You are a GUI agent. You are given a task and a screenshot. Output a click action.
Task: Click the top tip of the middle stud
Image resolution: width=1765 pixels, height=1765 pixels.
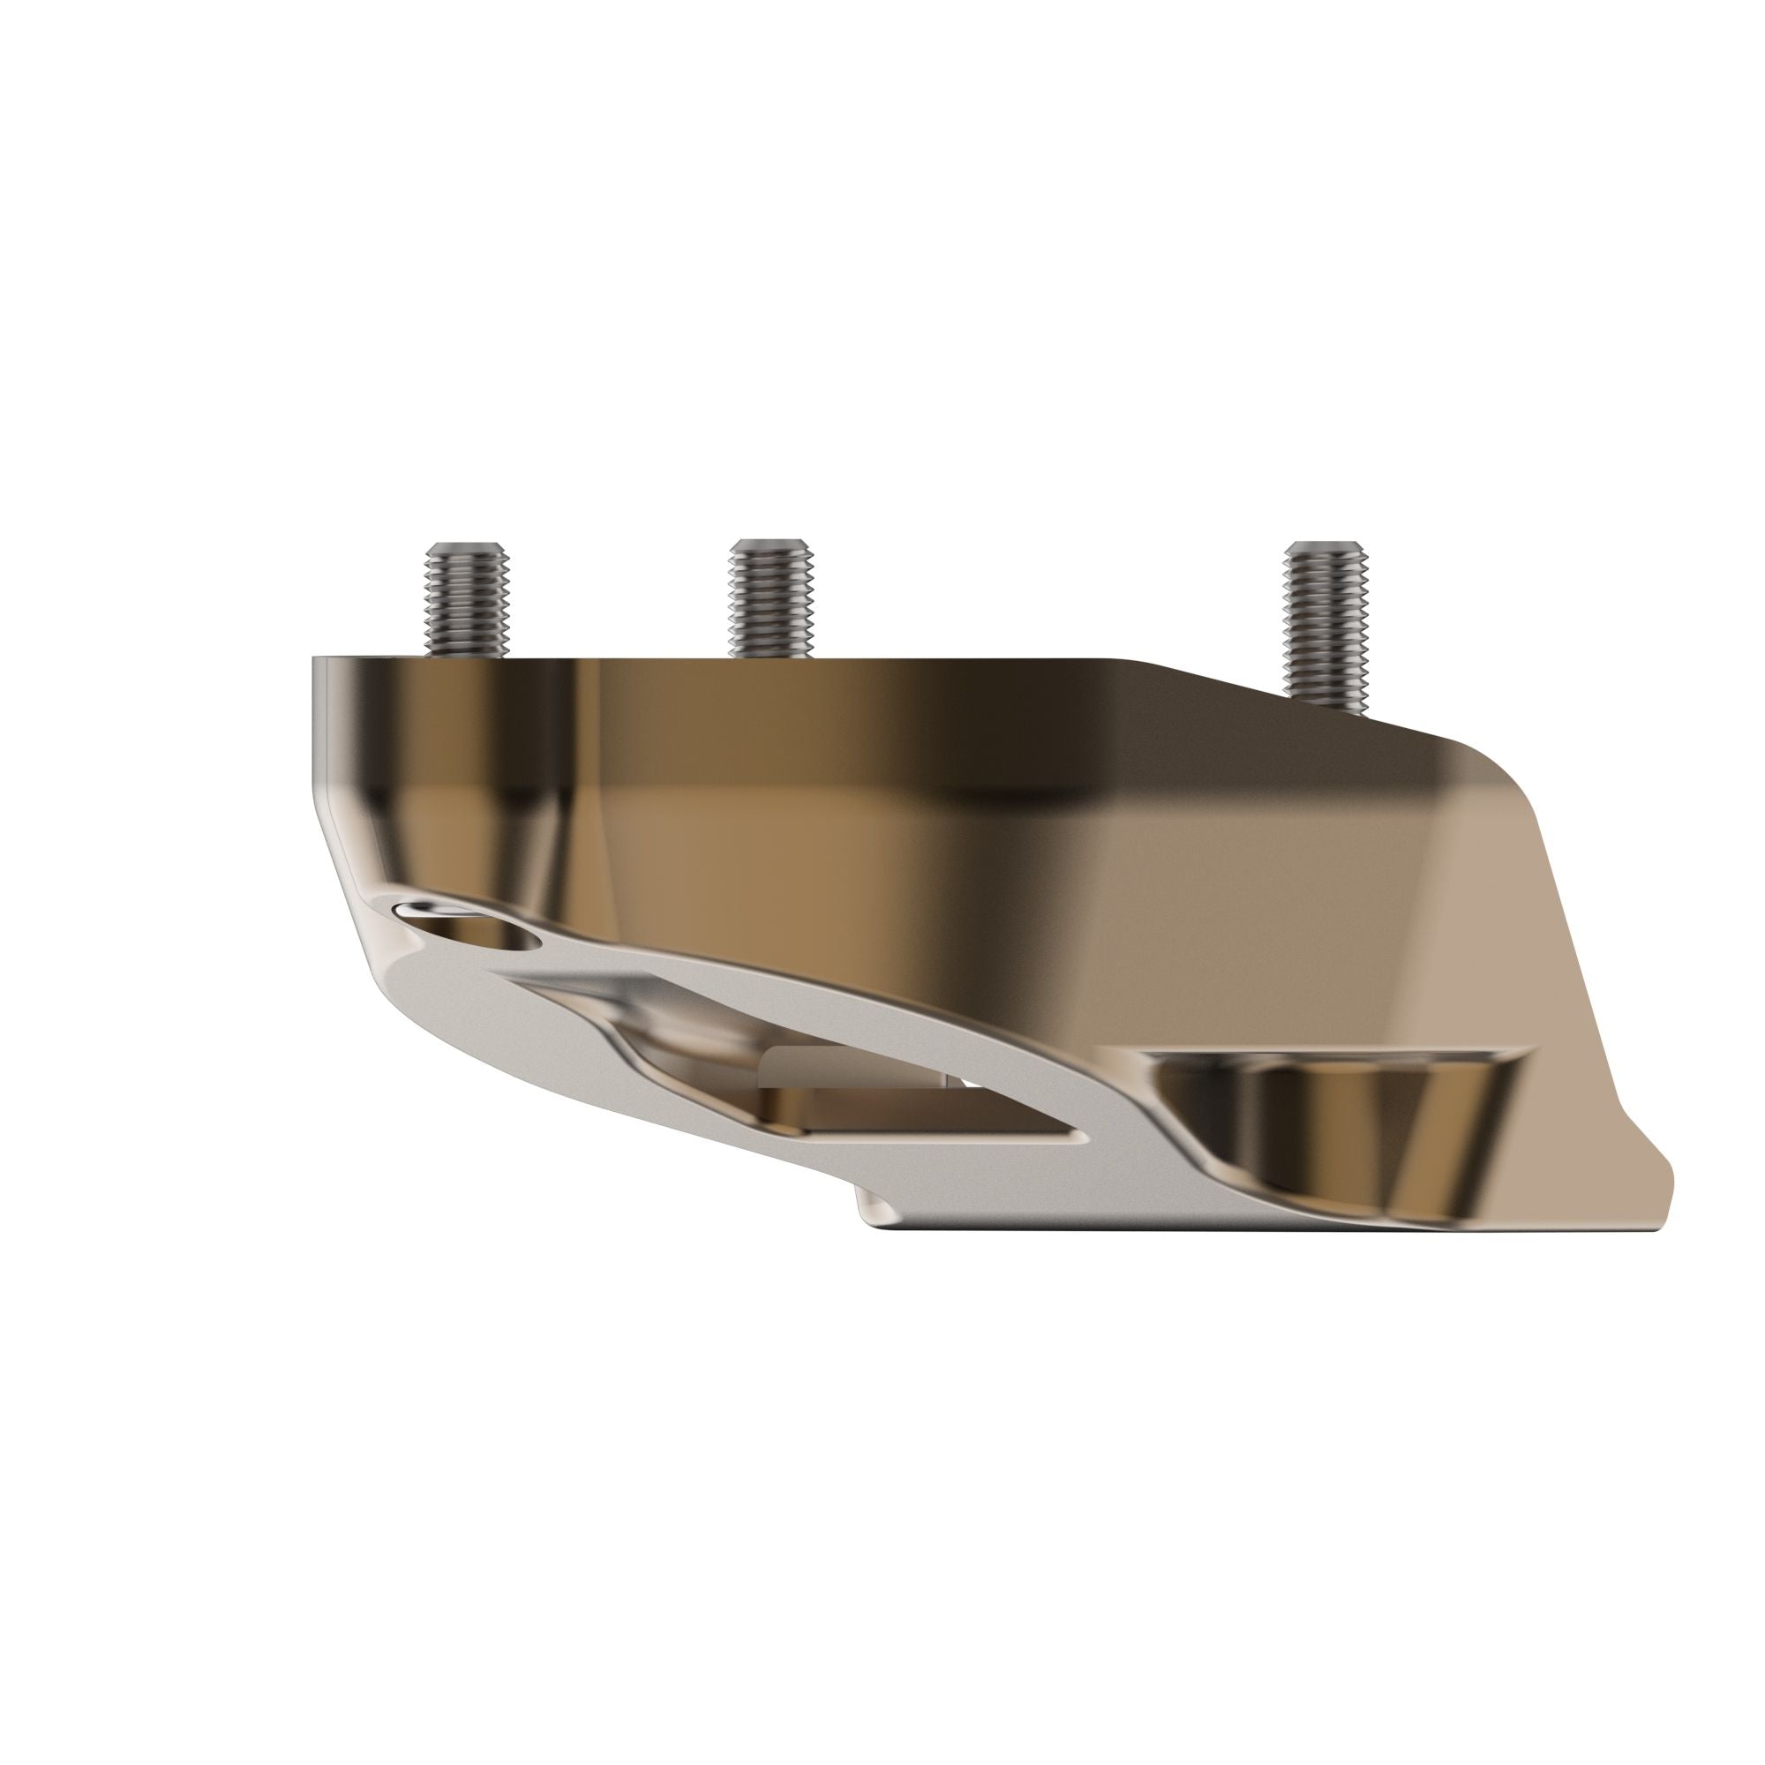click(770, 544)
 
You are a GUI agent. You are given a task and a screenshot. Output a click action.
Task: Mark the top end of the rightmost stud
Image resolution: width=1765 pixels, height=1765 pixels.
click(1326, 546)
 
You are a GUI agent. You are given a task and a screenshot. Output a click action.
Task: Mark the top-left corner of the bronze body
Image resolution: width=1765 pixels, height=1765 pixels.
click(315, 658)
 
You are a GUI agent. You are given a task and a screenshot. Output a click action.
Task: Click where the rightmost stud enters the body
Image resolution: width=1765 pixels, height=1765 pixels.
click(1326, 704)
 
